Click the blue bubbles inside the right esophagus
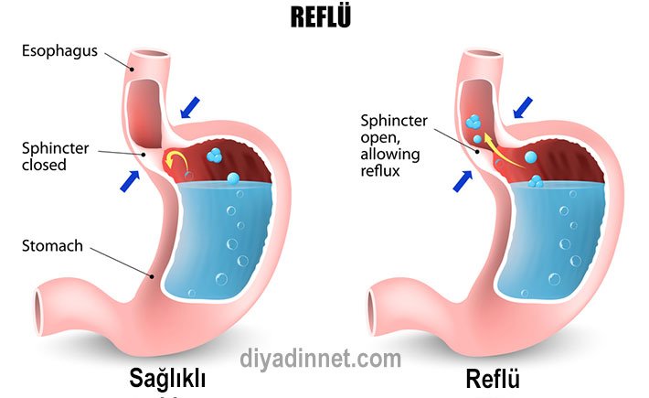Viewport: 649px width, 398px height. (x=473, y=129)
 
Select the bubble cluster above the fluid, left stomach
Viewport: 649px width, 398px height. (x=214, y=155)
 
